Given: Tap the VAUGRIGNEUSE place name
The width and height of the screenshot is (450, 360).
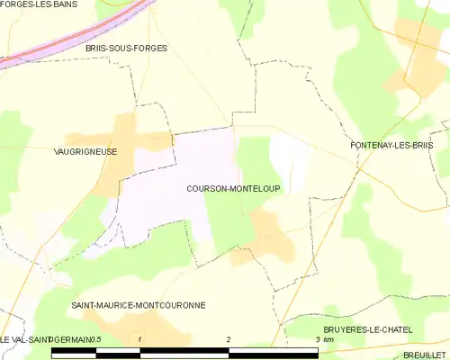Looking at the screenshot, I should coord(85,152).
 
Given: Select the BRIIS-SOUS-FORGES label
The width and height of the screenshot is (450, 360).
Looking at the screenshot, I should coord(127,48).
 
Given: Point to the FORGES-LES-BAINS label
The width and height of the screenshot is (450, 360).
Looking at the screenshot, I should coord(39,4).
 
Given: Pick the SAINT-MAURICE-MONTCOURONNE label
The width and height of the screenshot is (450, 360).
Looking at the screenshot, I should coord(139,305).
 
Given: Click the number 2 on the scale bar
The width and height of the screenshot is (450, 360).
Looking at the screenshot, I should coord(229,339).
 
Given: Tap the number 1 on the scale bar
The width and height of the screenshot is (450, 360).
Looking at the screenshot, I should coord(140,339).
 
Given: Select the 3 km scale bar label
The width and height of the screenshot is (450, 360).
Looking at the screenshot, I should coord(323,339).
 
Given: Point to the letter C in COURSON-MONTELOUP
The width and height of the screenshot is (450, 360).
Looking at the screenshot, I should coord(190,189).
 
